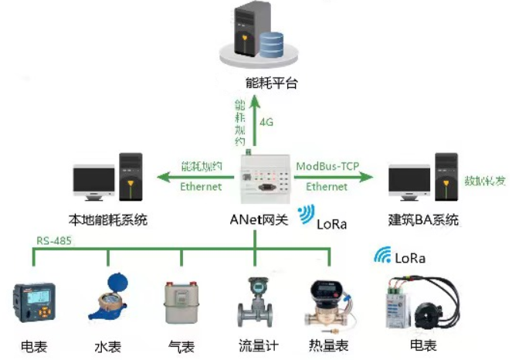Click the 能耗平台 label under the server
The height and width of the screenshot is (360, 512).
[255, 83]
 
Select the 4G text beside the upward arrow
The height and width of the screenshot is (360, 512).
[266, 121]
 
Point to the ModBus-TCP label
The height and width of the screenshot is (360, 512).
[327, 165]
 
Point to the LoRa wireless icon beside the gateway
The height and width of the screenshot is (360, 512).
[306, 215]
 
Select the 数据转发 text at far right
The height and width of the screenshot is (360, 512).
[484, 181]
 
